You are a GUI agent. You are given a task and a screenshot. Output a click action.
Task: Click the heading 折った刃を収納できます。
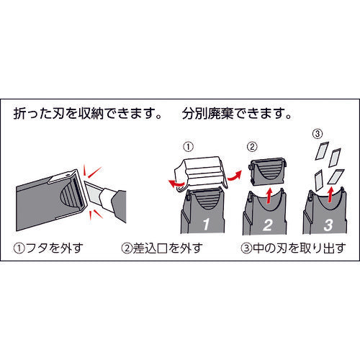pos(88,113)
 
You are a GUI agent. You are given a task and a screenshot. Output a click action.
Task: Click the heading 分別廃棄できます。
pos(237,113)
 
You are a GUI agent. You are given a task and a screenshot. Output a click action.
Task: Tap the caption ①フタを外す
pos(48,248)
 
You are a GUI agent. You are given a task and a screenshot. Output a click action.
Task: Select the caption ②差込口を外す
pos(162,248)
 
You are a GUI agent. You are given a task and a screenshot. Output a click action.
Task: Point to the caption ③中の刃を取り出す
pos(293,248)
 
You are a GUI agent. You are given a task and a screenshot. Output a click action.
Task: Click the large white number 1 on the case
pos(206,224)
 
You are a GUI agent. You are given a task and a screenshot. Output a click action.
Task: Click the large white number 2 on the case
pos(268,225)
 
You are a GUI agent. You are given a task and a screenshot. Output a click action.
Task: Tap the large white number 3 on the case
pos(328,225)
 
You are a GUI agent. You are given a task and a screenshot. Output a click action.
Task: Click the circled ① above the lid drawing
pos(188,147)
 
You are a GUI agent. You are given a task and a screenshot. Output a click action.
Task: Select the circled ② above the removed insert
pos(252,146)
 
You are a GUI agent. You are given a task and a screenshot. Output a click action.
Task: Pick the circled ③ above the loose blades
pos(318,134)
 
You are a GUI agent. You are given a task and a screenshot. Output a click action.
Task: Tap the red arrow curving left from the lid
pos(176,184)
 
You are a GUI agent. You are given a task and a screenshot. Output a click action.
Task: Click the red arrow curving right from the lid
pos(235,176)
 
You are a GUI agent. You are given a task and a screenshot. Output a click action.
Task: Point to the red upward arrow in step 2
pos(270,196)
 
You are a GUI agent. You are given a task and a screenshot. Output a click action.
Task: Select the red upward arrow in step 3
pos(330,195)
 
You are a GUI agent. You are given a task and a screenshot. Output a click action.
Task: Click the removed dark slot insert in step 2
pos(268,171)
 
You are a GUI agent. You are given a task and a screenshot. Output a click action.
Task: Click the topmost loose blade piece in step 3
pos(322,150)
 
